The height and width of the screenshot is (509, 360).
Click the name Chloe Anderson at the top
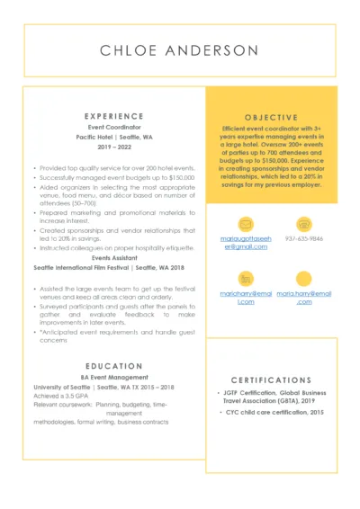179,49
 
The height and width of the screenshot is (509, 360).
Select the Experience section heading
113,116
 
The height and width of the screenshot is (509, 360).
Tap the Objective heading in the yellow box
265,117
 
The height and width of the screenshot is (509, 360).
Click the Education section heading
113,366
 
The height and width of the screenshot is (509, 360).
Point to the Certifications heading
271,380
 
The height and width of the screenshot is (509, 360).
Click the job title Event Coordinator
113,128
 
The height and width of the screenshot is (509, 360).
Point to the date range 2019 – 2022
113,147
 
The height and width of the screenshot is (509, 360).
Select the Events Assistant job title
113,258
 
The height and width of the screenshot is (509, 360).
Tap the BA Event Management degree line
113,378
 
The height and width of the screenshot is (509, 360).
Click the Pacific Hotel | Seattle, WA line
113,137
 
